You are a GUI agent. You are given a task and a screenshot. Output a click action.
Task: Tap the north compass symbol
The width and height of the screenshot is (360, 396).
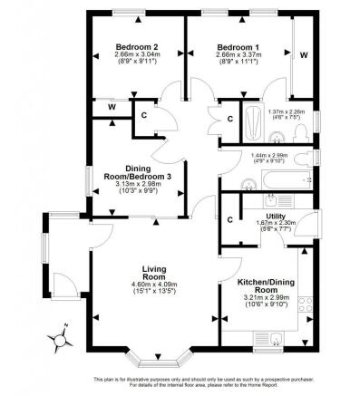coord(62,338)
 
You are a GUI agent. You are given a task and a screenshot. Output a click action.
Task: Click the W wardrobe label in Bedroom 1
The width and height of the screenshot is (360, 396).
coord(303,55)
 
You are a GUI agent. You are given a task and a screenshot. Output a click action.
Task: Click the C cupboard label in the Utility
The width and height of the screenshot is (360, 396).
coord(230,220)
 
